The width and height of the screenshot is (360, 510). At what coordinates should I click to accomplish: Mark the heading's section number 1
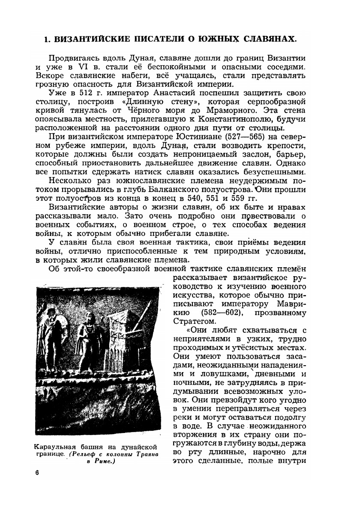pos(48,39)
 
